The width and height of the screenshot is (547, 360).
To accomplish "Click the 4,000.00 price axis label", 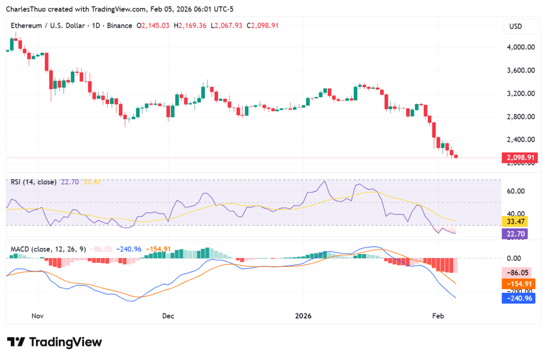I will tap(520, 47).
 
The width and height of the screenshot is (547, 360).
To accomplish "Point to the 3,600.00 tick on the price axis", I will tap(520, 70).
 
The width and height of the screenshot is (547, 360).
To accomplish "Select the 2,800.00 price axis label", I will tap(520, 116).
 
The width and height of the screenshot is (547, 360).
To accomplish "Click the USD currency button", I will tap(520, 26).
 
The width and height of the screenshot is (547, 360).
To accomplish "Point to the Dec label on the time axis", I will tap(168, 316).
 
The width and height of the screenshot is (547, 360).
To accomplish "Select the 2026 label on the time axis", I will tap(303, 316).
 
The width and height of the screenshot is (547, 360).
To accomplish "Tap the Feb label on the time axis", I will tap(437, 316).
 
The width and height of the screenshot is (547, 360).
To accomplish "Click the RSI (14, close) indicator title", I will tap(33, 182).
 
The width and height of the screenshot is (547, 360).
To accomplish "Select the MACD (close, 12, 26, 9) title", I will tap(49, 249).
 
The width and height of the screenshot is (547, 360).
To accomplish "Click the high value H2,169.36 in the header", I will tap(190, 25).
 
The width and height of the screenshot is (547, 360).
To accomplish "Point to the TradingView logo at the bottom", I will tap(54, 342).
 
